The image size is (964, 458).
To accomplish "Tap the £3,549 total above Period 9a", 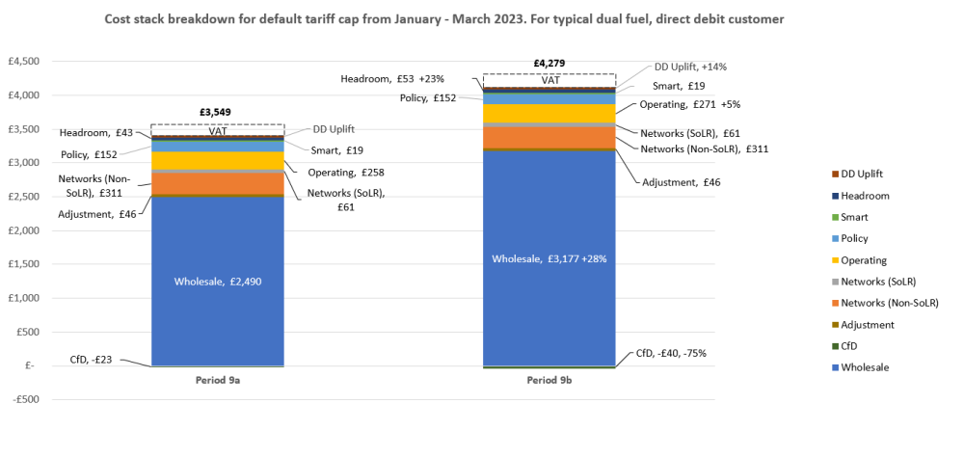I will tap(217, 112).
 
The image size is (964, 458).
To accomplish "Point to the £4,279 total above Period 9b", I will tap(549, 63).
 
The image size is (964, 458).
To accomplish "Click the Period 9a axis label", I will tap(217, 381).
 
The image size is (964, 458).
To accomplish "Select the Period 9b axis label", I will tap(549, 381).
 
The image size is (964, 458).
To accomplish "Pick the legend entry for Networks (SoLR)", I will tap(877, 282).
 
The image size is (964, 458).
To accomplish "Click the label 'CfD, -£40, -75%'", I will tap(671, 353).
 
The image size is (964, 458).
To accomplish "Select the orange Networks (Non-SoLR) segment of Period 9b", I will tap(549, 138).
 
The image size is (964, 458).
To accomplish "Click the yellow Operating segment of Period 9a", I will tap(217, 160).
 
